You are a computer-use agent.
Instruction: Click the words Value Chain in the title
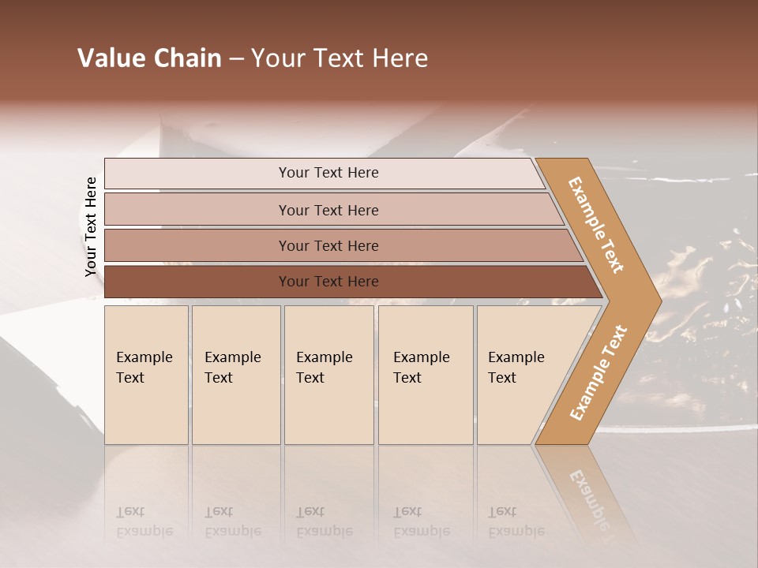(149, 58)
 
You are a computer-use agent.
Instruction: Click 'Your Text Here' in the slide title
(340, 58)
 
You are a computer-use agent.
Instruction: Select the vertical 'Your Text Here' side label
(91, 226)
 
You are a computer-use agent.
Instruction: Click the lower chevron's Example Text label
(599, 372)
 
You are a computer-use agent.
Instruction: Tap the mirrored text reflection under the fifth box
(516, 521)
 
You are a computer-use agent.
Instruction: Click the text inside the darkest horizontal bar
(328, 282)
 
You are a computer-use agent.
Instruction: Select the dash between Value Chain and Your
(236, 59)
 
